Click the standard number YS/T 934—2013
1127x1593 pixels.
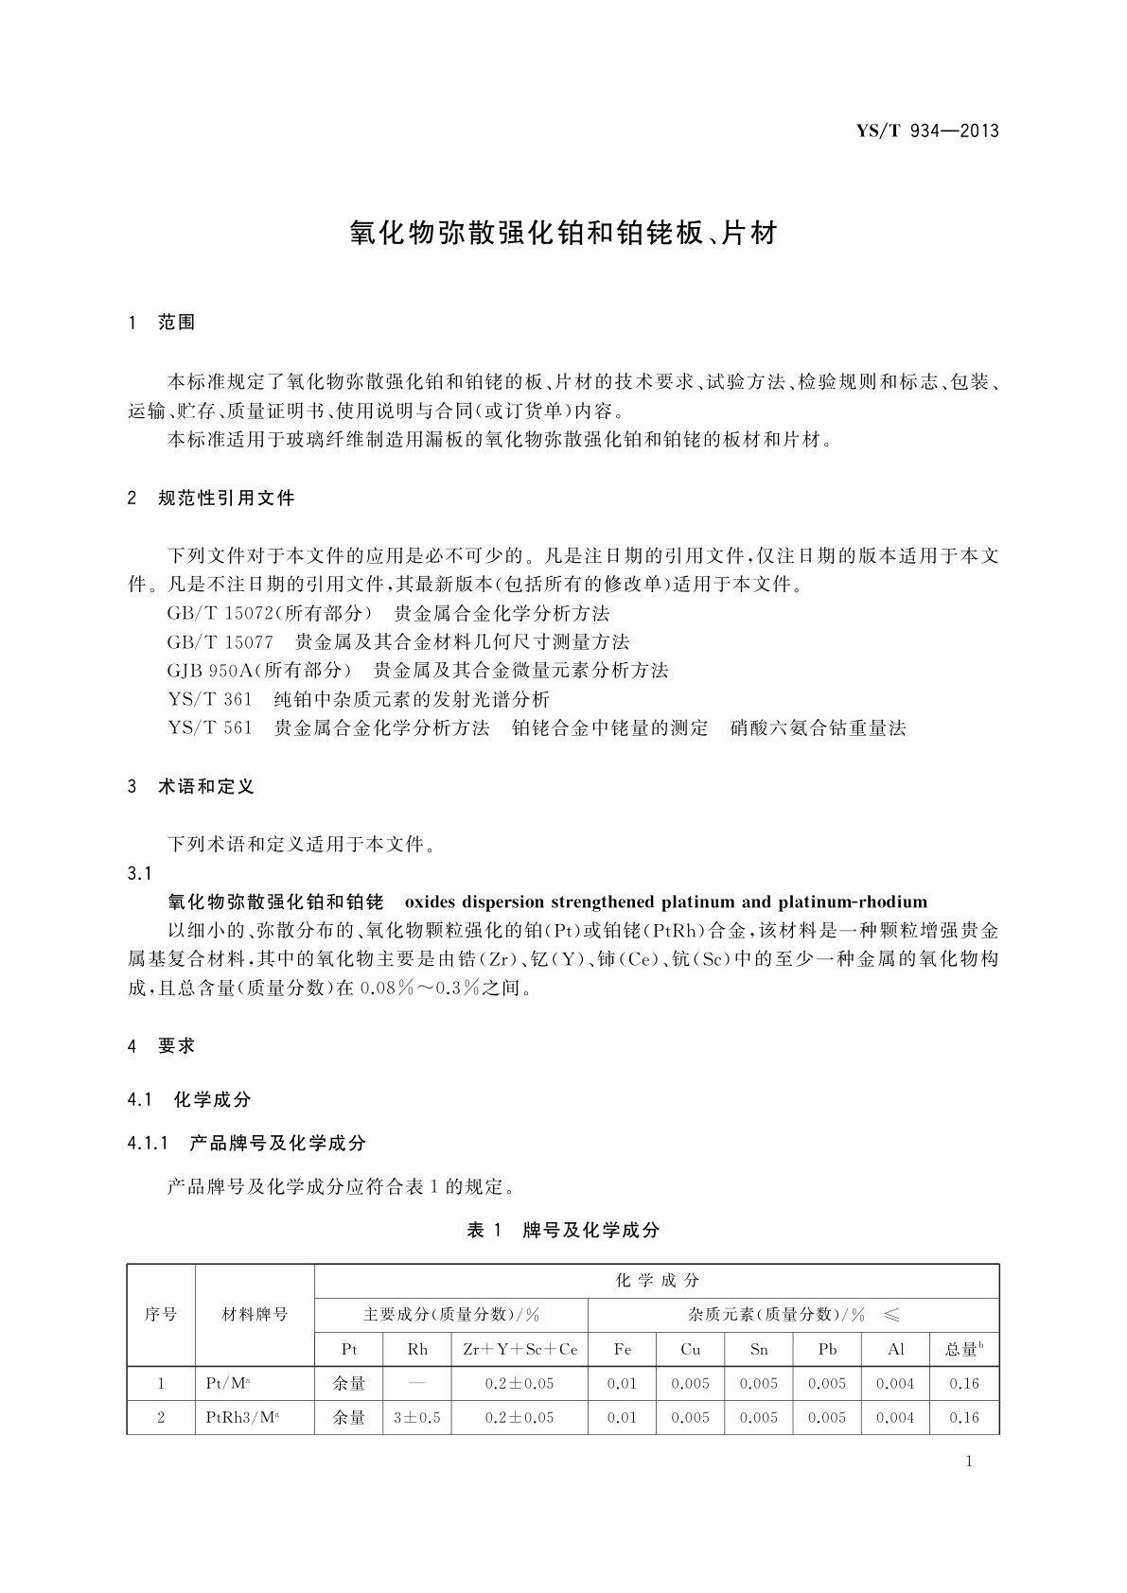(x=927, y=131)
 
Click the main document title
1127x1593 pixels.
(x=563, y=233)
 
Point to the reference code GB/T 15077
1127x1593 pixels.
(x=220, y=641)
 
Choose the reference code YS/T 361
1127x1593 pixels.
(x=209, y=699)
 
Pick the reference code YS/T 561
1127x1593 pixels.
(x=209, y=728)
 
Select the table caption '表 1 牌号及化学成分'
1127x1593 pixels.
(x=563, y=1230)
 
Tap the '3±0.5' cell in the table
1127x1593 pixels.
(x=417, y=1417)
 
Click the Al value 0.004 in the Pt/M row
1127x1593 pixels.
(x=895, y=1383)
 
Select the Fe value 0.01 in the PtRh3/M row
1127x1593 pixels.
(x=622, y=1417)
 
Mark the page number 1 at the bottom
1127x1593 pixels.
(x=968, y=1462)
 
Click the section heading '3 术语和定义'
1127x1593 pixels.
(x=190, y=786)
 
